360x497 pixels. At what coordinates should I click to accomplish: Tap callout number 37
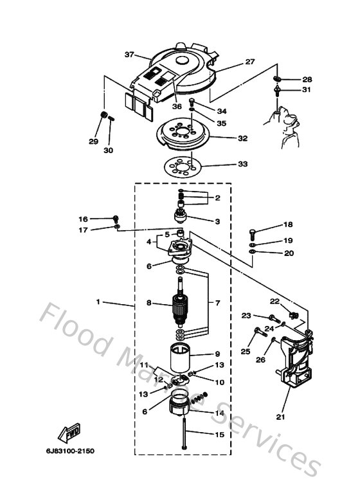(x=129, y=55)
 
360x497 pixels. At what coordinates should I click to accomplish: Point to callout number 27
(x=249, y=62)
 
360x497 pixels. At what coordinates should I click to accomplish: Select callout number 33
(x=242, y=164)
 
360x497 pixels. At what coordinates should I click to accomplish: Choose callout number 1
(x=98, y=302)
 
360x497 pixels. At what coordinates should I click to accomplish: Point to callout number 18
(x=287, y=224)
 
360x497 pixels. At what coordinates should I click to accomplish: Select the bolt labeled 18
(x=254, y=233)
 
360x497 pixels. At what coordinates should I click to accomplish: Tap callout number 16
(x=83, y=219)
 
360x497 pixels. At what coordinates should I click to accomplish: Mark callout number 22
(x=274, y=301)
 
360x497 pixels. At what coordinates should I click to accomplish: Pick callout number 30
(x=108, y=150)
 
